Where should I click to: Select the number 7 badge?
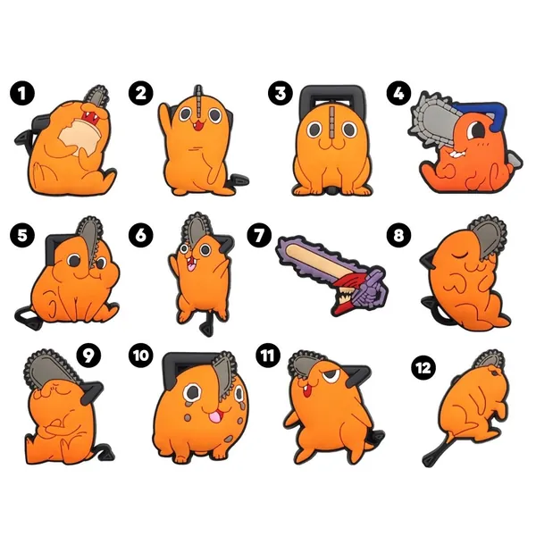click(x=259, y=236)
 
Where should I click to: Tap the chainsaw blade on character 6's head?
click(x=197, y=229)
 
